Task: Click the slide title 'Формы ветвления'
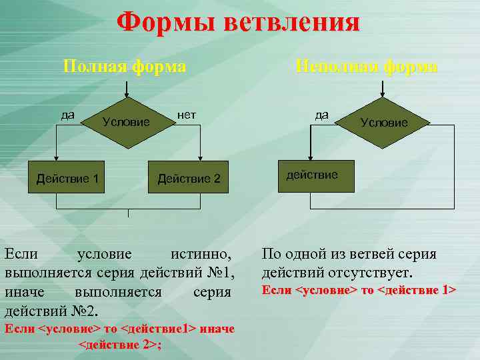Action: coord(238,22)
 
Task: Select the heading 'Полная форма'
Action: coord(124,67)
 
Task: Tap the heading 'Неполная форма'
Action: coord(367,67)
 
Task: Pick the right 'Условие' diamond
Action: coord(384,122)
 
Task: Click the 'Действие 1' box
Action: coord(67,178)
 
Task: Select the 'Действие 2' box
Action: coord(189,178)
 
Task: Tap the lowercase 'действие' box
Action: coord(312,175)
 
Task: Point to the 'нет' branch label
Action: coord(187,115)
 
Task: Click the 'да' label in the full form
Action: coord(67,114)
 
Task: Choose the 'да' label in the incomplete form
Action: coord(321,115)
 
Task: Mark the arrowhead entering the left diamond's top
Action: coord(127,93)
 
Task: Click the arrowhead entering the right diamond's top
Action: coord(384,93)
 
